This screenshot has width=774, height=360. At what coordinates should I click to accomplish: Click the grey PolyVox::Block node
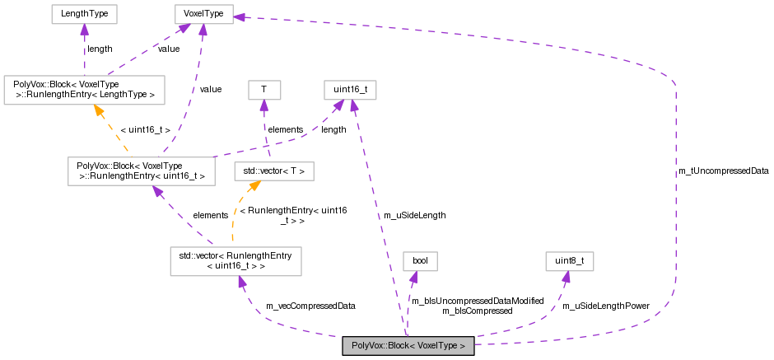tap(408, 346)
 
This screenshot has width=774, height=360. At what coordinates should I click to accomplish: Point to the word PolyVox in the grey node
tap(367, 346)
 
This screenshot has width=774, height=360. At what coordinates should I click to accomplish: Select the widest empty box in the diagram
tap(84, 90)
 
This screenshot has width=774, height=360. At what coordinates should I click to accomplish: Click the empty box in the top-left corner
tap(84, 14)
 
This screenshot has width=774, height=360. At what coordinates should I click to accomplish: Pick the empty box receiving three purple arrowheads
tap(203, 14)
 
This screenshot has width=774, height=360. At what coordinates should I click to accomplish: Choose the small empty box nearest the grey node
tap(420, 261)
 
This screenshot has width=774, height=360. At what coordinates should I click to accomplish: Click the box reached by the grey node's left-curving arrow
tap(235, 261)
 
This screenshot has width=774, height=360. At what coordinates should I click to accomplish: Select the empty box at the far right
tap(569, 261)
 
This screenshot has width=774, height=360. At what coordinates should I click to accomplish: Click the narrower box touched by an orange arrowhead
tap(273, 171)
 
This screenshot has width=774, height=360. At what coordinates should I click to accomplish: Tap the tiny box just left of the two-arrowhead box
tap(264, 90)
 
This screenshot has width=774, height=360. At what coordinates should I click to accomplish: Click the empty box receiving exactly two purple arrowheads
tap(350, 90)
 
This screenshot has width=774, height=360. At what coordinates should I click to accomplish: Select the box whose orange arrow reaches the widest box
tap(141, 171)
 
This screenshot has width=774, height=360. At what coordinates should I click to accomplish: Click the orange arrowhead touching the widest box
tap(98, 110)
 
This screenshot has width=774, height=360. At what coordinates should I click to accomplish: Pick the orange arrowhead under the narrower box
tap(254, 186)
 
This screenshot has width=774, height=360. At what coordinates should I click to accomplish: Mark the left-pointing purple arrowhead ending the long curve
tap(239, 16)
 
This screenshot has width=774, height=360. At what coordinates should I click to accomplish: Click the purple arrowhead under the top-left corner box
tap(84, 30)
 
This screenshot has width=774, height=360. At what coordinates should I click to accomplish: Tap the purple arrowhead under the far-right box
tap(566, 277)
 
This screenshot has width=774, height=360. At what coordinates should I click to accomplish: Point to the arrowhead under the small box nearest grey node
tap(413, 278)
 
